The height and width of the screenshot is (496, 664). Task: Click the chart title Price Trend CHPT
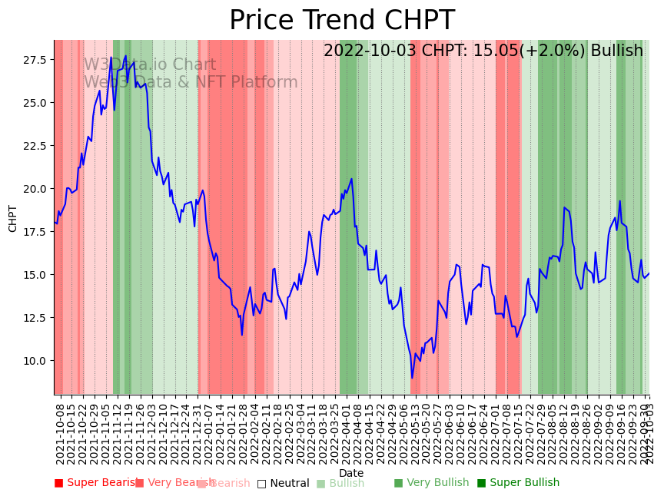click(342, 21)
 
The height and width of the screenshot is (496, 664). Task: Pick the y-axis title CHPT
click(13, 218)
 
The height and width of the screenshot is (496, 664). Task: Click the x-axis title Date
click(351, 473)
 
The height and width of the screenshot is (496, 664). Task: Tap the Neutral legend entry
click(284, 484)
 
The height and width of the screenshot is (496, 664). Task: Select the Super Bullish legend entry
click(519, 483)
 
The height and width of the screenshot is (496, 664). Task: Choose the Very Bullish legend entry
click(432, 483)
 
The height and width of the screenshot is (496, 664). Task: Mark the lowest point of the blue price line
click(412, 377)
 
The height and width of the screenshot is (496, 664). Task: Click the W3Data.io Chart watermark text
click(150, 65)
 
